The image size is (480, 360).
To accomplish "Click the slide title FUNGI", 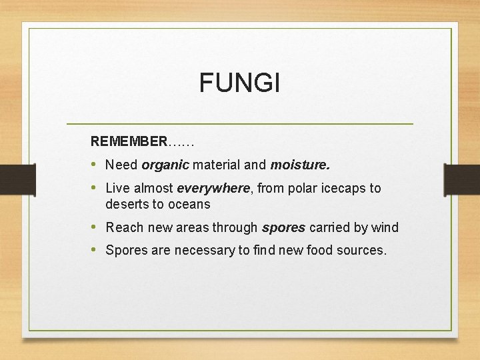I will (x=240, y=83).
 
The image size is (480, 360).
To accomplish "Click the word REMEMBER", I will (x=129, y=141).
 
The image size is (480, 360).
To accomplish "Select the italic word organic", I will (x=165, y=164).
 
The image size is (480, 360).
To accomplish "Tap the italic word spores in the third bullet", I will (x=283, y=227).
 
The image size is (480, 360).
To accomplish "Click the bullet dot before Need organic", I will (x=94, y=164).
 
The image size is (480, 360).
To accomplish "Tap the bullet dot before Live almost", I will (x=94, y=188).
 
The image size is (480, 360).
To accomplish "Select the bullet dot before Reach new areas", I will (x=94, y=227).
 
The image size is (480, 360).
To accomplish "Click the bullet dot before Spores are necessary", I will (x=94, y=251).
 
